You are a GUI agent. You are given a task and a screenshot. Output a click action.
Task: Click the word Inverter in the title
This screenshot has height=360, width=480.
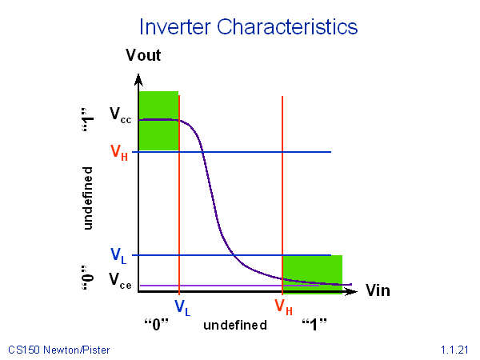click(x=175, y=27)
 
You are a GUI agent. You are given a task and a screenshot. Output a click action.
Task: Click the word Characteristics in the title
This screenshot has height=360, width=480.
click(x=287, y=27)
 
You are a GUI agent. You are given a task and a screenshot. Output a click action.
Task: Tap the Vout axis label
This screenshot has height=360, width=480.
click(x=143, y=55)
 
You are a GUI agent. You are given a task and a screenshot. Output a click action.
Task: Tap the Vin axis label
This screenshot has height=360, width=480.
click(x=378, y=290)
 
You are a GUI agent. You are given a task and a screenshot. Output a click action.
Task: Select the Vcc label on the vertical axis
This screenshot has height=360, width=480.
click(x=121, y=115)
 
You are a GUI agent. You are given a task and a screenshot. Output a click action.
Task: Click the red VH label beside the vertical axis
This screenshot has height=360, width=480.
click(x=119, y=152)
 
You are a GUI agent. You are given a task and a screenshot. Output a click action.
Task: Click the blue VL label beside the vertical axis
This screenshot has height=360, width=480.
click(x=118, y=256)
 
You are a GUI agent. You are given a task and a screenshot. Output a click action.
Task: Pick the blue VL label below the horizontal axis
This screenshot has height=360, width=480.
click(x=182, y=307)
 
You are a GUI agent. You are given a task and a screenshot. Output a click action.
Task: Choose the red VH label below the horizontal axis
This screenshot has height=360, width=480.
click(x=283, y=306)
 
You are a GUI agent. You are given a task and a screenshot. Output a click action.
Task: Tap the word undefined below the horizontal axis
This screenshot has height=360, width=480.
click(x=235, y=325)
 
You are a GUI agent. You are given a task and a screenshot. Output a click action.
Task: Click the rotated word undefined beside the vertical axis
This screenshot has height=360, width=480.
click(x=87, y=198)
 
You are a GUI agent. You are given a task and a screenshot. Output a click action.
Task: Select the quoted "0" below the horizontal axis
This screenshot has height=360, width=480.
click(x=157, y=325)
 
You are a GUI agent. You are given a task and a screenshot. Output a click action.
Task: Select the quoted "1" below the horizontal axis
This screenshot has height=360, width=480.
click(x=314, y=325)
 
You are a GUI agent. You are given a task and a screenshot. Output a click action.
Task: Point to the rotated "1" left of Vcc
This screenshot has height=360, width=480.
click(x=88, y=120)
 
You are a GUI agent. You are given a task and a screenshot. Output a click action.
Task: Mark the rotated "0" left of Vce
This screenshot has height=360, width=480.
click(x=88, y=278)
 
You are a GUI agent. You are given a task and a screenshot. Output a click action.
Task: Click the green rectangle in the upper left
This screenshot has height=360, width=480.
click(x=158, y=121)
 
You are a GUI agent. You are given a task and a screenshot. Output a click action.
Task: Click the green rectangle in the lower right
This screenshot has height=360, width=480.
click(x=312, y=274)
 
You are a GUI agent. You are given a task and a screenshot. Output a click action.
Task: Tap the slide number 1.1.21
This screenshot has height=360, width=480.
click(x=454, y=350)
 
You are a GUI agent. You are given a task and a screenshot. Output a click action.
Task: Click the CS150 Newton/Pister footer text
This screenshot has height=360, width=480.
click(x=58, y=350)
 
